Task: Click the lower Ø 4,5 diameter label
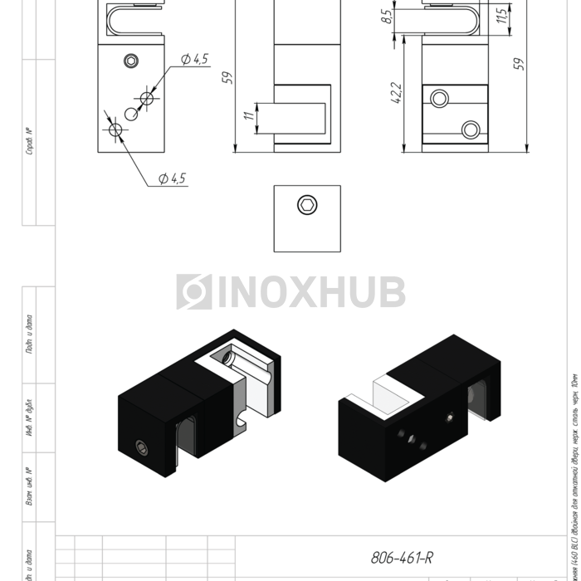pyautogui.click(x=172, y=178)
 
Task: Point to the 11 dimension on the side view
pyautogui.click(x=248, y=117)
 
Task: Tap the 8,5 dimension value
pyautogui.click(x=388, y=16)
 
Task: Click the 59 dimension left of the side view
pyautogui.click(x=227, y=77)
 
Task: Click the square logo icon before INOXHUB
pyautogui.click(x=194, y=292)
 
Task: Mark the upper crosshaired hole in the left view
pyautogui.click(x=148, y=98)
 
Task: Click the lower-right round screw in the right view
pyautogui.click(x=471, y=129)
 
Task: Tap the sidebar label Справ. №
pyautogui.click(x=29, y=142)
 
